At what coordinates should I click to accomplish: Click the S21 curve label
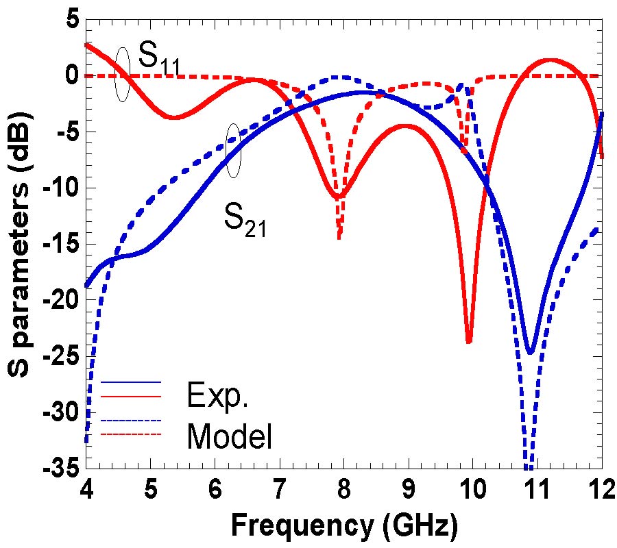tap(245, 220)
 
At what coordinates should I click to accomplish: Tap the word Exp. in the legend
tap(217, 395)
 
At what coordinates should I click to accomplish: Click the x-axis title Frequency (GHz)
tap(344, 526)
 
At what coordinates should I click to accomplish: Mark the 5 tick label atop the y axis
tap(71, 20)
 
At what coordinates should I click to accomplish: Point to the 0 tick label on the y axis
tap(71, 76)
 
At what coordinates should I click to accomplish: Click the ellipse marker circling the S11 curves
tap(123, 74)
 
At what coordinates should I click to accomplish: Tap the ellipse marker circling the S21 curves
tap(233, 151)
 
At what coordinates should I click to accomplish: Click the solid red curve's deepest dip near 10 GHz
tap(469, 340)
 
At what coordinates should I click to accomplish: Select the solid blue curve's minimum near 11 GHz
tap(530, 352)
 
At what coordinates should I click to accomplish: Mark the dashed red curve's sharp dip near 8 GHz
tap(339, 236)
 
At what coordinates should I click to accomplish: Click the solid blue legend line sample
tap(130, 382)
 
